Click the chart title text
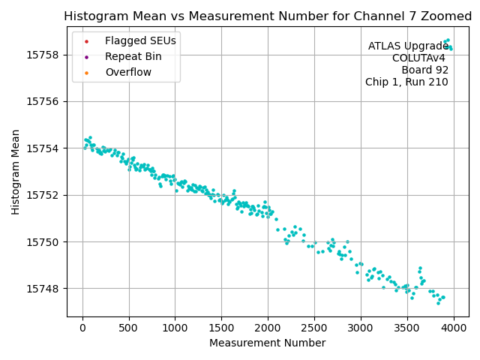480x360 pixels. [x=267, y=16]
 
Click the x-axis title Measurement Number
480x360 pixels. [x=267, y=343]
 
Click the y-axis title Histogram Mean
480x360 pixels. [x=16, y=172]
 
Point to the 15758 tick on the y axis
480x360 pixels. [x=44, y=55]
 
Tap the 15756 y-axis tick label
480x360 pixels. [x=44, y=101]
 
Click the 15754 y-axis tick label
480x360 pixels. [x=44, y=148]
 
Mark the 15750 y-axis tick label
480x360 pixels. [x=44, y=241]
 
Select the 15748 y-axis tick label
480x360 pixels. [x=44, y=289]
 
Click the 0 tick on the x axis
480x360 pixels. [x=82, y=327]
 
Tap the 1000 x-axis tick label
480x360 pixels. [x=175, y=327]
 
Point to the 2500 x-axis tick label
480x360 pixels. [x=314, y=327]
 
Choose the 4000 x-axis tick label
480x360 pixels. [x=454, y=327]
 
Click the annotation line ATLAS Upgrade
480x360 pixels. [x=408, y=46]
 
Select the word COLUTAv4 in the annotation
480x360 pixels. [x=418, y=58]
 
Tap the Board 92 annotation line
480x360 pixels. [x=424, y=70]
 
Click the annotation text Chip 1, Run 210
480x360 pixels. [x=406, y=82]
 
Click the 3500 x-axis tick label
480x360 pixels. [x=407, y=327]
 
